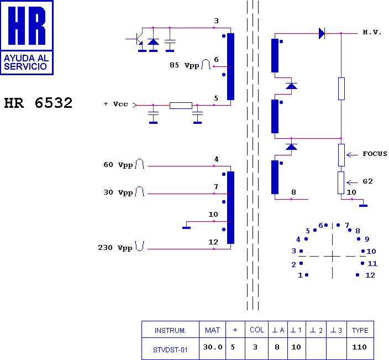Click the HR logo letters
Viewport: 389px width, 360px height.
(27, 25)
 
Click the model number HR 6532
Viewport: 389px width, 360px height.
(38, 103)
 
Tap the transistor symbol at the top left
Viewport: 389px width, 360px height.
(138, 39)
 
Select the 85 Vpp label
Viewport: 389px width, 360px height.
(185, 65)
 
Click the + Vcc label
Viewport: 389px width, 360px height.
(115, 104)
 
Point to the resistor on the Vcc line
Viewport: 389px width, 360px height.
(181, 106)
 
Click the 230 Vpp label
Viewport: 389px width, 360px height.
(115, 248)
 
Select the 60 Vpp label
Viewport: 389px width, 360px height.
(118, 165)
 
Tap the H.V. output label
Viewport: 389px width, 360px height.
(372, 32)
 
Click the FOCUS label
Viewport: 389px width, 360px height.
(375, 154)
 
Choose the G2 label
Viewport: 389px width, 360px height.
(367, 181)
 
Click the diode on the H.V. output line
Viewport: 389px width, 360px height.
(322, 33)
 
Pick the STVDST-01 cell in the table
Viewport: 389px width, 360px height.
(170, 350)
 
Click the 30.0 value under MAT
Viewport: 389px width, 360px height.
(213, 347)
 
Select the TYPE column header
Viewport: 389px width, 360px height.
(360, 330)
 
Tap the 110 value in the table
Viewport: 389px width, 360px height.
(359, 347)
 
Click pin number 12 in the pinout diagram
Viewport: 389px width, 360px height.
(370, 275)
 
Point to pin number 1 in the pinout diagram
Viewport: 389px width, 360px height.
(300, 275)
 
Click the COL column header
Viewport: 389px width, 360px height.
(257, 330)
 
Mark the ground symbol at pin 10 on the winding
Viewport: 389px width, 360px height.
(187, 228)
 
